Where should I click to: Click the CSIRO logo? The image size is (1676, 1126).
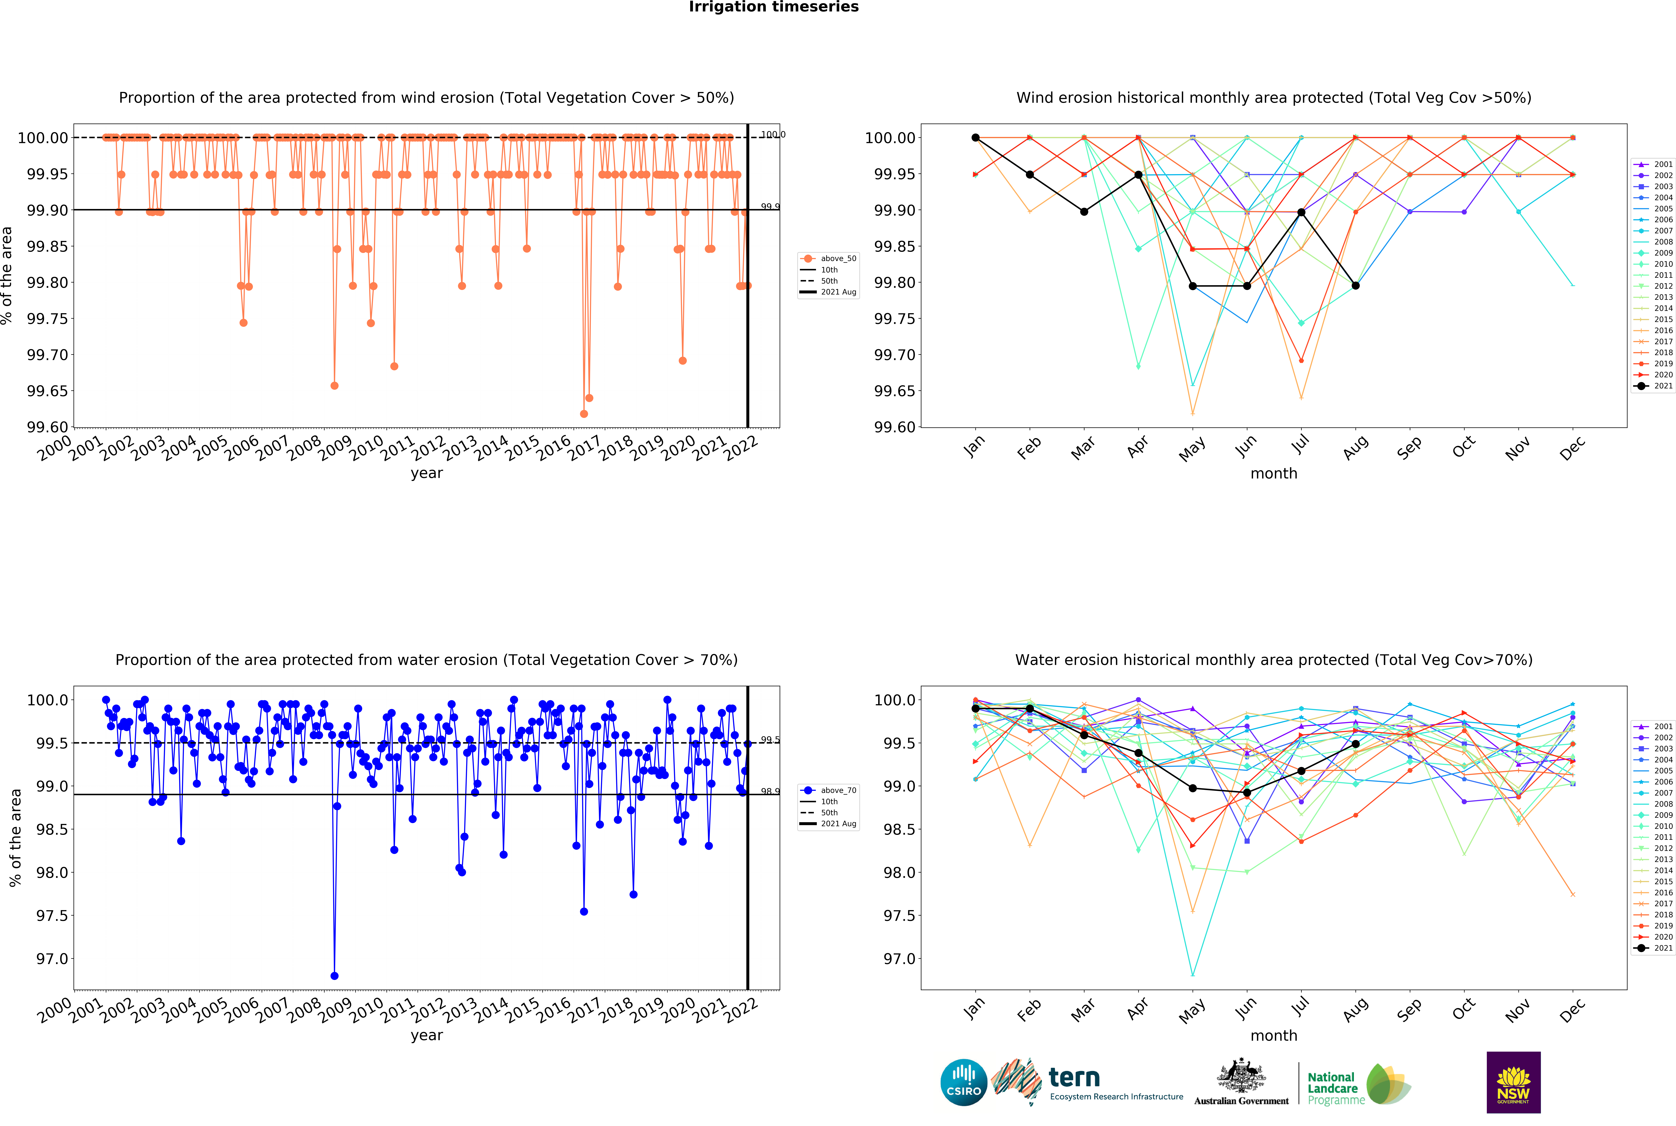[x=963, y=1082]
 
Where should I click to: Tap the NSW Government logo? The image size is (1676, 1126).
[x=1513, y=1082]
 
